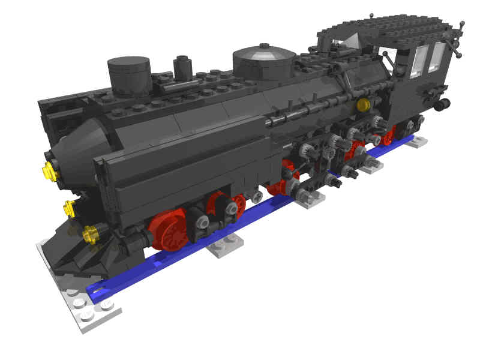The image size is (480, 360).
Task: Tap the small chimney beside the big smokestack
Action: coord(182,68)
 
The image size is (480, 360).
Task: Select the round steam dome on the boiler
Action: coord(264,60)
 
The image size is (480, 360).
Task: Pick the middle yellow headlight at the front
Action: coord(70,208)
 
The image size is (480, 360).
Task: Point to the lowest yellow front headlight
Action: coord(91,233)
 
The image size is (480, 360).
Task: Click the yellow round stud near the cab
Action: coord(362,106)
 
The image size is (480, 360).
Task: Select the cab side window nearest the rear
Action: coord(437,58)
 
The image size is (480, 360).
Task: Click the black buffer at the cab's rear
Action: coord(443,104)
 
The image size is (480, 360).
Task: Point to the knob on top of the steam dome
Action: coord(263,46)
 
